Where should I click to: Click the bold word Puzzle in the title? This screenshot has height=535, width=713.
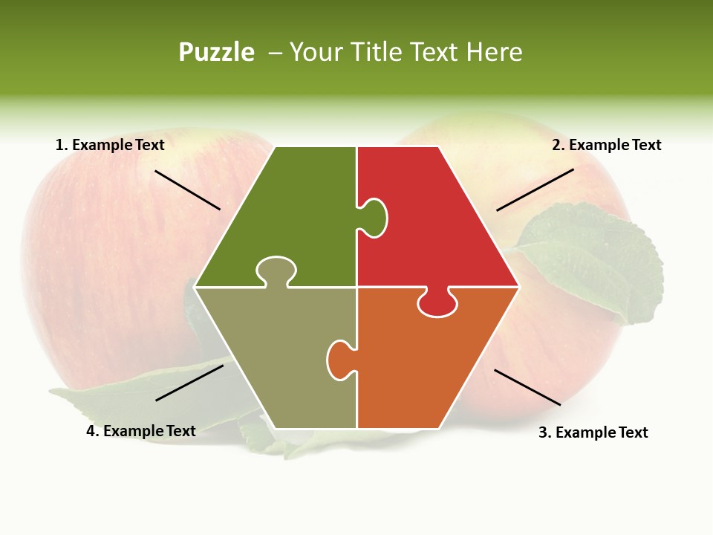pyautogui.click(x=216, y=52)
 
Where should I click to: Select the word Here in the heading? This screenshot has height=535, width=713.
pyautogui.click(x=494, y=52)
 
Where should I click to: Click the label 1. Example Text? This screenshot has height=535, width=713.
pyautogui.click(x=110, y=145)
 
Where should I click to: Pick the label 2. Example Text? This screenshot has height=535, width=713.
pyautogui.click(x=606, y=145)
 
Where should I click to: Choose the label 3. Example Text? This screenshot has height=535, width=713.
pyautogui.click(x=593, y=432)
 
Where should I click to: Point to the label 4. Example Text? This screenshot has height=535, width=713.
pyautogui.click(x=141, y=431)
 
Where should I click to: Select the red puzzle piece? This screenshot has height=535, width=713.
pyautogui.click(x=438, y=223)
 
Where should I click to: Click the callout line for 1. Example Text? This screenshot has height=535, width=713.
pyautogui.click(x=187, y=190)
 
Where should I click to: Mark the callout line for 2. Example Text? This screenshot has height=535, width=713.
pyautogui.click(x=535, y=189)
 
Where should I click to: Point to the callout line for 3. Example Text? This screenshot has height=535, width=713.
pyautogui.click(x=527, y=387)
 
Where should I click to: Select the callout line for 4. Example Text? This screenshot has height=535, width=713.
pyautogui.click(x=189, y=383)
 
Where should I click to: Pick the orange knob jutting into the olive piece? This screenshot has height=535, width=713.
pyautogui.click(x=339, y=360)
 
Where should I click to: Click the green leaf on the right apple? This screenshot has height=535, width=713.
pyautogui.click(x=594, y=260)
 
